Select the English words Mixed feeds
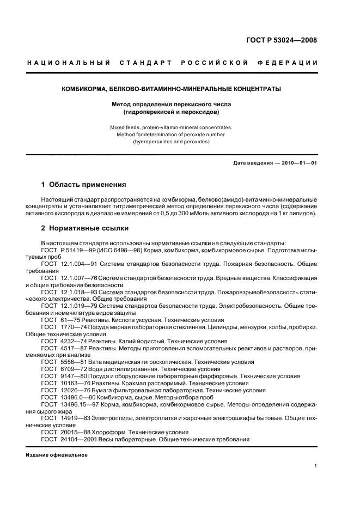125,127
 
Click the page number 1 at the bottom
316,466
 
